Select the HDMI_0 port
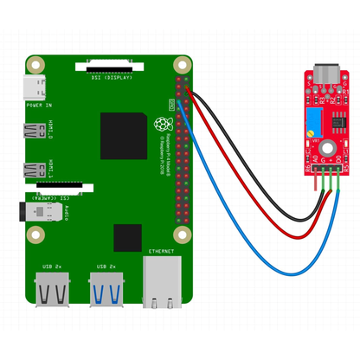pyautogui.click(x=36, y=132)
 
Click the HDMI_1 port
pyautogui.click(x=36, y=169)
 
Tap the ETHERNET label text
pyautogui.click(x=162, y=251)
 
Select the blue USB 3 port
pyautogui.click(x=106, y=287)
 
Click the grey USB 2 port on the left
pyautogui.click(x=53, y=287)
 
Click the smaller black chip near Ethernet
pyautogui.click(x=127, y=237)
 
